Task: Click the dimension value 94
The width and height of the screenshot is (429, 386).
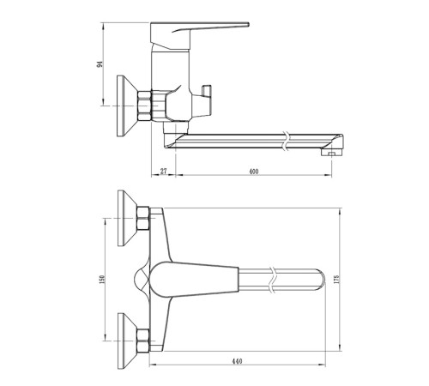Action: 100,64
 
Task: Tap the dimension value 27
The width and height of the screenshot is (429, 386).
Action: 163,172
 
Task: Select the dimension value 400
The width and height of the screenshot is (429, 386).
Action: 254,172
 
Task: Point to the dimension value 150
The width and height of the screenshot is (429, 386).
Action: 102,280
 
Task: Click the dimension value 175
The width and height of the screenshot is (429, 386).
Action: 336,279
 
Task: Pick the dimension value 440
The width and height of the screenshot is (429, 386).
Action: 237,361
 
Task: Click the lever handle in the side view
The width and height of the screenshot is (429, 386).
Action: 199,36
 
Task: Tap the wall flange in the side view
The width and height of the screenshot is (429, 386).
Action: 127,106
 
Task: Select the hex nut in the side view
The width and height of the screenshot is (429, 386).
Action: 144,106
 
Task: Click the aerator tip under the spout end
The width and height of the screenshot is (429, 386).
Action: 331,153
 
